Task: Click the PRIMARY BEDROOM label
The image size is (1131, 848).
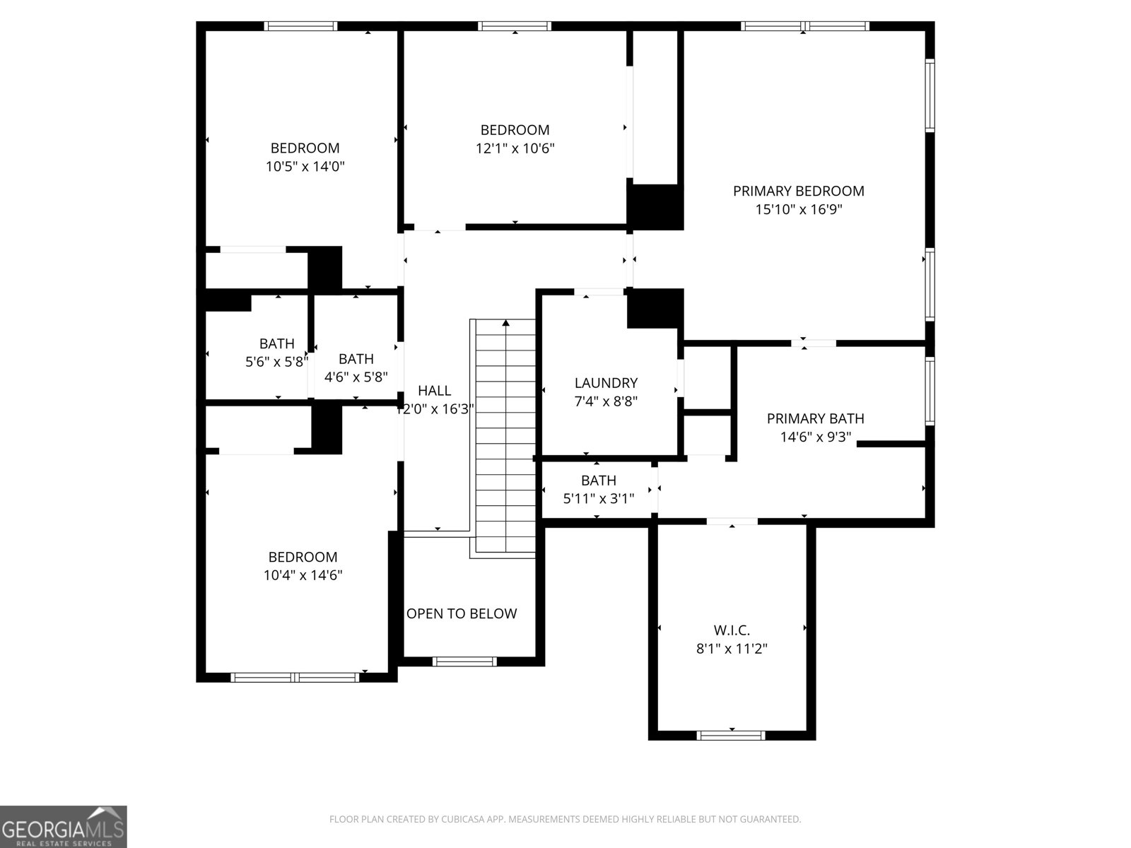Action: (798, 191)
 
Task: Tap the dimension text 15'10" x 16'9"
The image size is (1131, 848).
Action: (798, 209)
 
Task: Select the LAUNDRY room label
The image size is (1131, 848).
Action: (606, 383)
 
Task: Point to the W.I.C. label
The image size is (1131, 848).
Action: (732, 630)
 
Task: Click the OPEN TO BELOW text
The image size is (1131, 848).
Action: (462, 613)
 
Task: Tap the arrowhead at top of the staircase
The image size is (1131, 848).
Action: (505, 323)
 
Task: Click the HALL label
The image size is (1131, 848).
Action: (434, 391)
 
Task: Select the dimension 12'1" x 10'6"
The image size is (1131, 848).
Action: (515, 148)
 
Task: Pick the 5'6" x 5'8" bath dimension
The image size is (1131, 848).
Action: (276, 362)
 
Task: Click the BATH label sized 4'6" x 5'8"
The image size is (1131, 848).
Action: (356, 359)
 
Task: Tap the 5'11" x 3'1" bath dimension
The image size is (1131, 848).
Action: (598, 498)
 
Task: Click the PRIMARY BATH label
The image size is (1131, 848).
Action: (815, 418)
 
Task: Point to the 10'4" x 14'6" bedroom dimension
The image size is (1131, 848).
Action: (303, 575)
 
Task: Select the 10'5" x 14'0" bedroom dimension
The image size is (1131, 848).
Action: (305, 167)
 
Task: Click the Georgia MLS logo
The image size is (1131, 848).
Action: (64, 826)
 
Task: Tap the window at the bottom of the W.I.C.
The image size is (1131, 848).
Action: (731, 735)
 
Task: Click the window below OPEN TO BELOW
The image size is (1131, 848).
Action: (464, 661)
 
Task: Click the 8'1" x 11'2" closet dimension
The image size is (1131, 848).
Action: (732, 648)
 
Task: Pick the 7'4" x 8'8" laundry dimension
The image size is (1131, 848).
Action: (606, 401)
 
